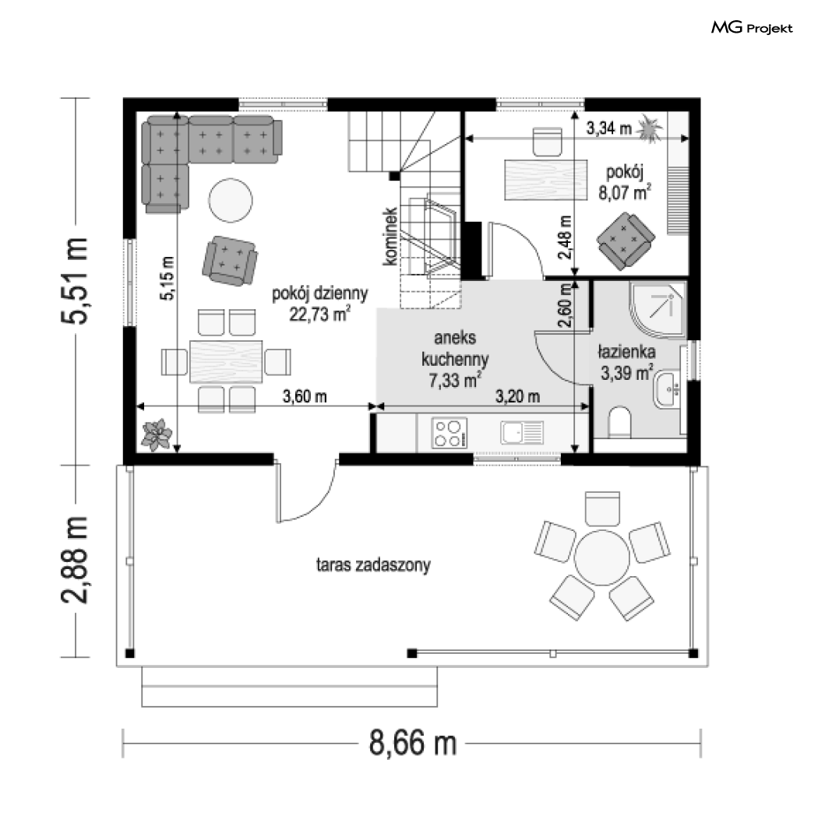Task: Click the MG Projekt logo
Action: [x=752, y=28]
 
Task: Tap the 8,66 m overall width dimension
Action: [x=413, y=743]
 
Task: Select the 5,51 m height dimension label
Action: [x=75, y=281]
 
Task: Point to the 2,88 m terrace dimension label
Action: [x=75, y=560]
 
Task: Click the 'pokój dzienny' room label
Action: [x=320, y=294]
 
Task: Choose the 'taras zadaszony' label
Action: [x=373, y=564]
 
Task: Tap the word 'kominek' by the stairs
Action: [x=390, y=237]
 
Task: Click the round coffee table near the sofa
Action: [x=231, y=200]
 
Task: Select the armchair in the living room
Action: [x=230, y=261]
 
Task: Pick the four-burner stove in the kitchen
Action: [x=450, y=433]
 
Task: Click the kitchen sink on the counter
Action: [x=522, y=433]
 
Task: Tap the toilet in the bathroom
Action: [x=620, y=422]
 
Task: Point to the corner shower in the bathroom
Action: [x=658, y=309]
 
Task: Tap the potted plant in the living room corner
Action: [x=157, y=434]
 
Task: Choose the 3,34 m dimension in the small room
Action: [x=609, y=128]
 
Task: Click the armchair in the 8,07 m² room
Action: [x=626, y=241]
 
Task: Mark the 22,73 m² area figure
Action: [x=320, y=315]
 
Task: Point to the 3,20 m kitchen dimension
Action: [x=517, y=396]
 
